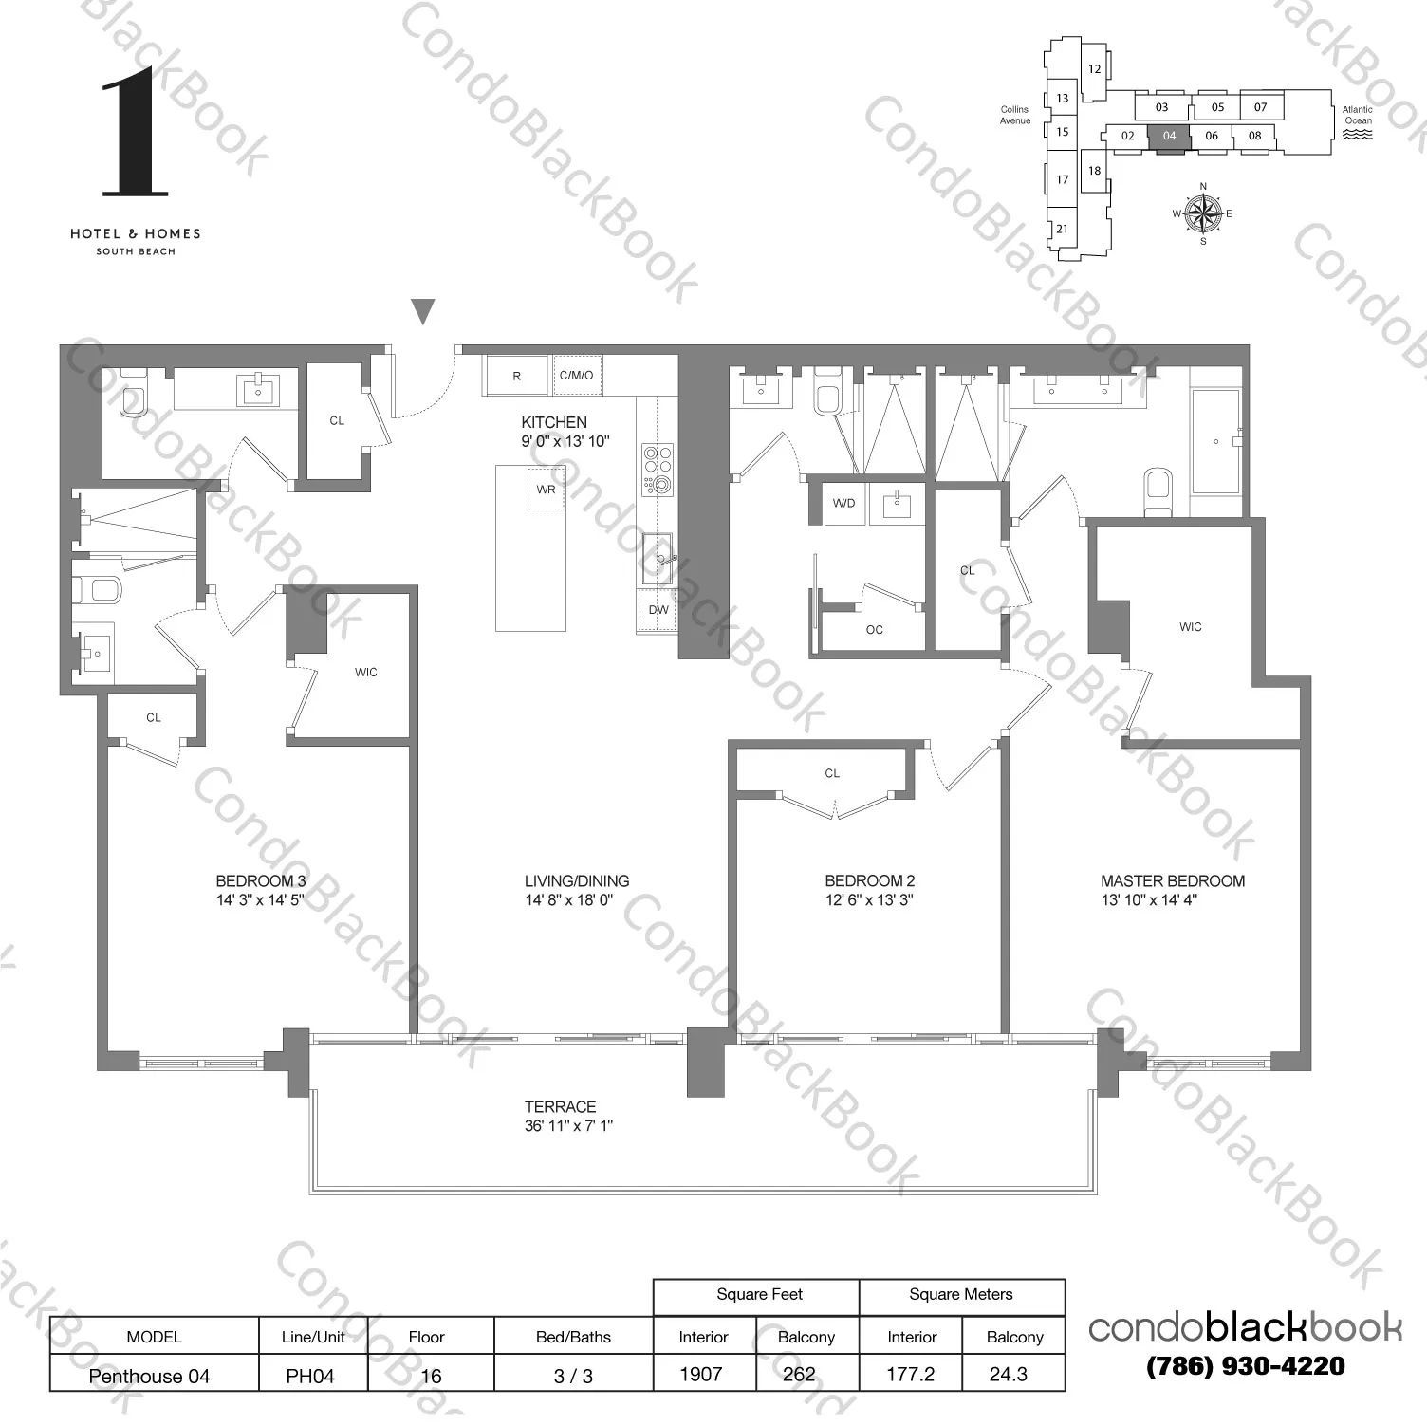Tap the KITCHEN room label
click(554, 422)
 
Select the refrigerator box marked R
click(516, 376)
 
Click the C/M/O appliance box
click(576, 376)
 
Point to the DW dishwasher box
click(658, 611)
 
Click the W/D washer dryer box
click(843, 503)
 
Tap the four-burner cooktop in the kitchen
click(657, 470)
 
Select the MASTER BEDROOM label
click(1173, 881)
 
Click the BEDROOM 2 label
click(869, 881)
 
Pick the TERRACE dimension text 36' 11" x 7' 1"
click(568, 1126)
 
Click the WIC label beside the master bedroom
click(1190, 627)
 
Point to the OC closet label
click(874, 630)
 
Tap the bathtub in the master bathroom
click(1215, 441)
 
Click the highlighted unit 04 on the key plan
click(1169, 136)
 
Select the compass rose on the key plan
click(1203, 213)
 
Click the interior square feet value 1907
click(701, 1375)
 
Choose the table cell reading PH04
click(310, 1376)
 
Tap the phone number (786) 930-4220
click(1245, 1367)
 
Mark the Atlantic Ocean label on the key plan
click(1358, 116)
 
